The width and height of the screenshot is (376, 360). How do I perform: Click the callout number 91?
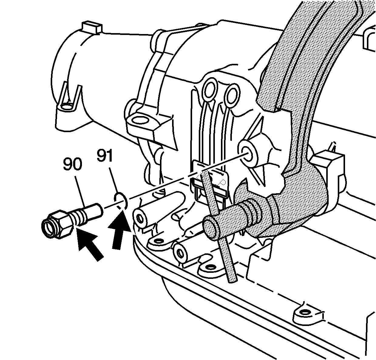pos(105,156)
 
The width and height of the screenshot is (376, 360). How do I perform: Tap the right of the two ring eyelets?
pos(232,95)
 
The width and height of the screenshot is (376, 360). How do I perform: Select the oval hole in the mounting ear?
pos(140,120)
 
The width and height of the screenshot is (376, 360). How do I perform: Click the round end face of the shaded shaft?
pos(212,228)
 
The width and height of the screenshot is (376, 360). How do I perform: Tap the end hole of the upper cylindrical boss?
pos(139,219)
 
